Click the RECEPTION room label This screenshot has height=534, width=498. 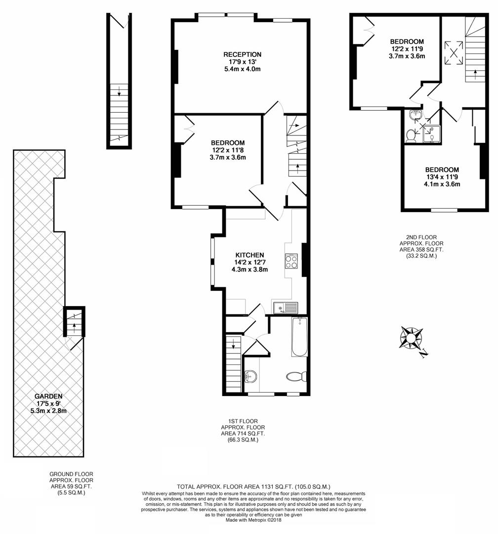(x=242, y=54)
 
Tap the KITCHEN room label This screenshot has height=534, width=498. (x=249, y=255)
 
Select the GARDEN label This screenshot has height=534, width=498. (x=48, y=396)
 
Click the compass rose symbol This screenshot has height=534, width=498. (x=411, y=339)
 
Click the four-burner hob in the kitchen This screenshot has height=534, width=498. (x=290, y=261)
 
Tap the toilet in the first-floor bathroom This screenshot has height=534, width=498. (x=297, y=377)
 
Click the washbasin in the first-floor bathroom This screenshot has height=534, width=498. (x=251, y=377)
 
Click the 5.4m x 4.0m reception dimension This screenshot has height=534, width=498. (x=242, y=69)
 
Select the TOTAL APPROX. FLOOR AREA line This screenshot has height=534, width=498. (x=253, y=487)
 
